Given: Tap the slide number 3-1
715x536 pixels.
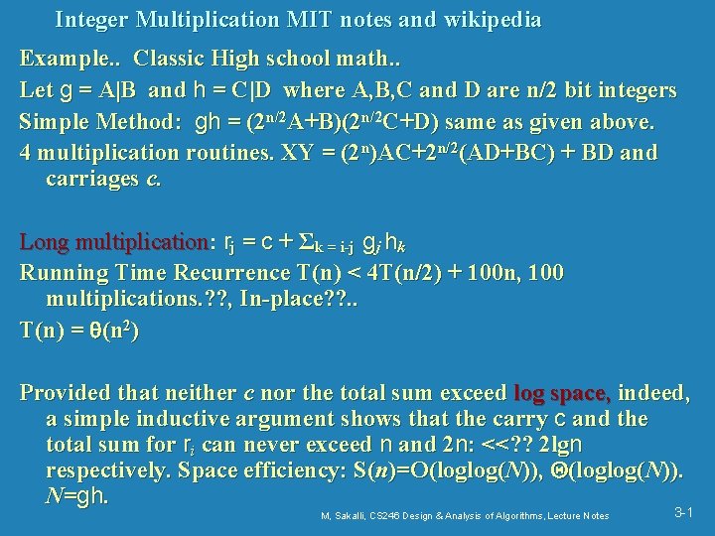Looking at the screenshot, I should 683,512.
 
